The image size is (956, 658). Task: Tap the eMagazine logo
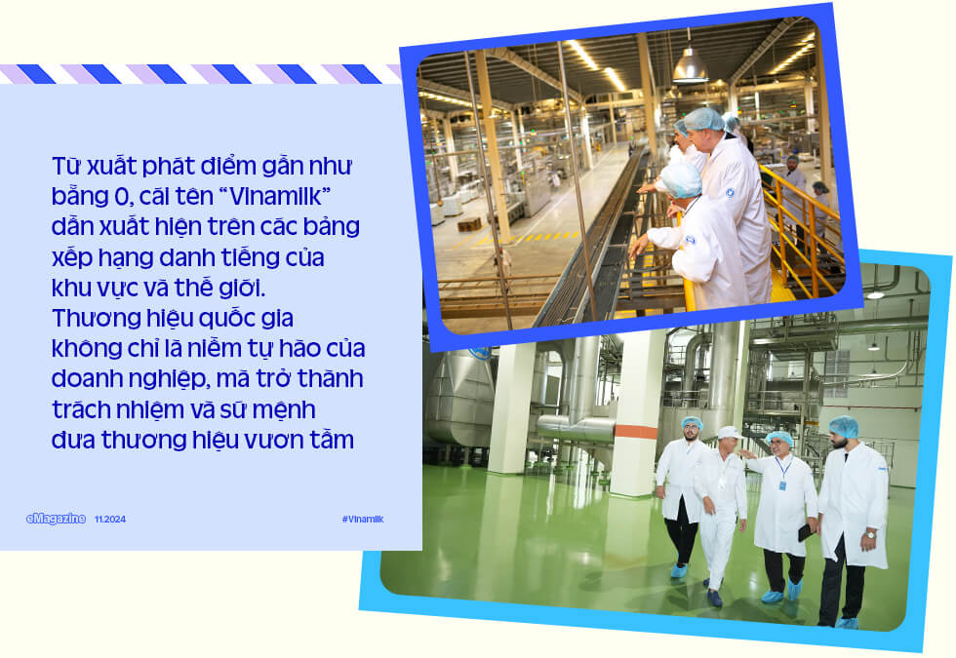point(56,519)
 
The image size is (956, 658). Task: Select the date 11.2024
point(110,519)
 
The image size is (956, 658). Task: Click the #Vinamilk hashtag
point(363,519)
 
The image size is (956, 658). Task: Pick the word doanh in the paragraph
point(89,379)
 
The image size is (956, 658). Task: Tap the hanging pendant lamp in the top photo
point(691,65)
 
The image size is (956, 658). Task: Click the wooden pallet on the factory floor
point(469,225)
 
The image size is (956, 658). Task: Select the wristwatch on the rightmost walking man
point(870,534)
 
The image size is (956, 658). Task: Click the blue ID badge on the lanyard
point(782,485)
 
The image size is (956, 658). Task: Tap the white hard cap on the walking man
point(729,433)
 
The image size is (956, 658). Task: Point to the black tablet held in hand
point(806,531)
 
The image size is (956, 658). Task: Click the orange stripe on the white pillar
point(636,431)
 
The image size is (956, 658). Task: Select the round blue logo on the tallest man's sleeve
point(730,193)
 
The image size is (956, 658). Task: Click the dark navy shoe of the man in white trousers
point(714,598)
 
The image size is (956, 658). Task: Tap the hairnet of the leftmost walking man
point(692,422)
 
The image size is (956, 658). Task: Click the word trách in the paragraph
point(81,409)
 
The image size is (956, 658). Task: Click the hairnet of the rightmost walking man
point(844,425)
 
